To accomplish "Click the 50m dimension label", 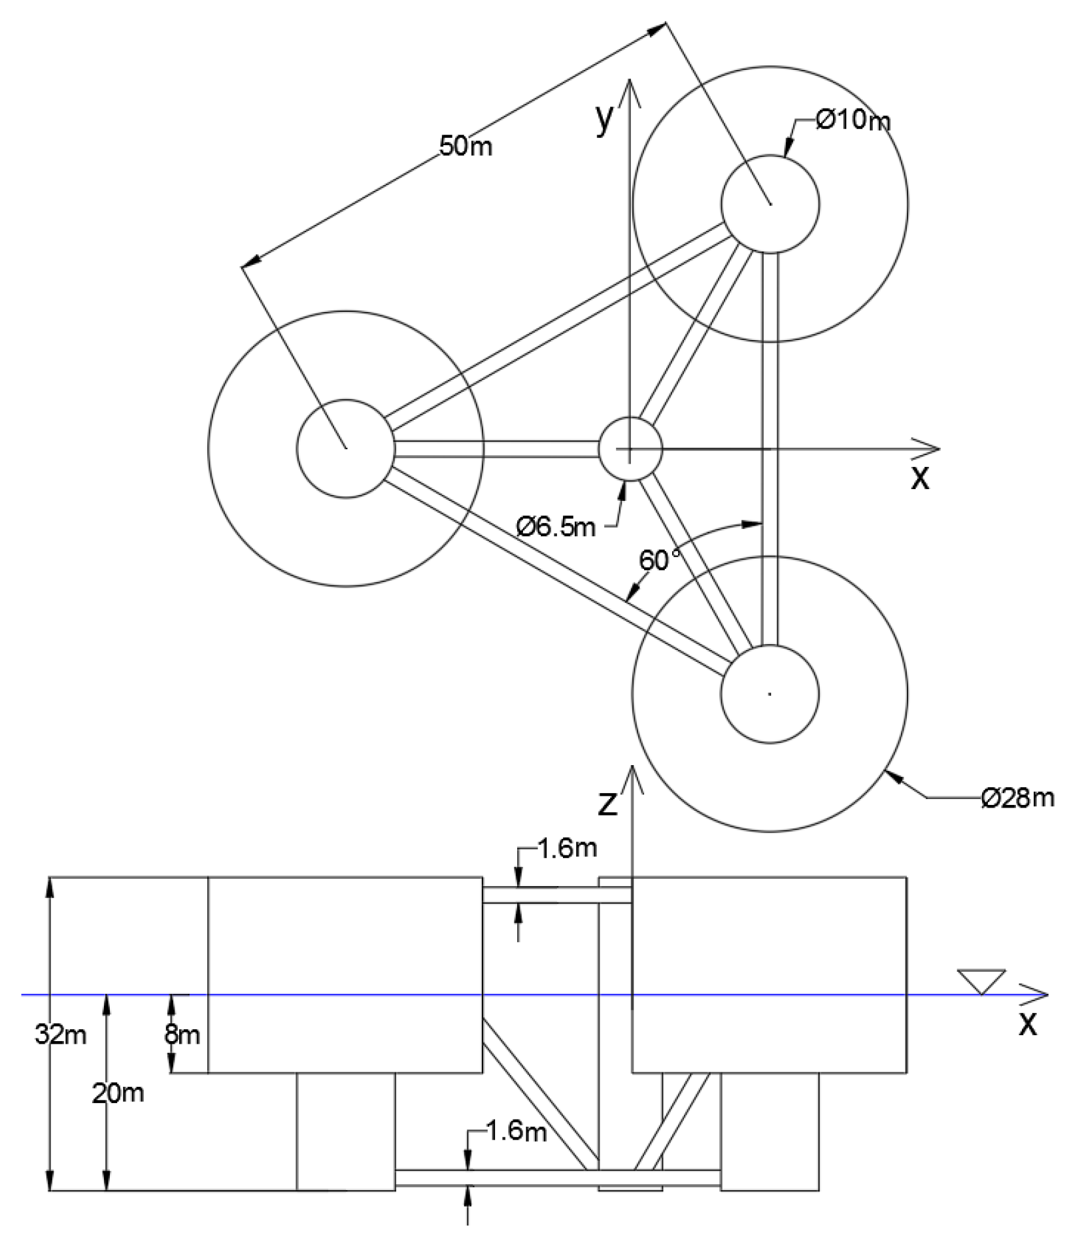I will (466, 146).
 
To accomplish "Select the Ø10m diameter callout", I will (854, 120).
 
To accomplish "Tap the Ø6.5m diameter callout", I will (556, 526).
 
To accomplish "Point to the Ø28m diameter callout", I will (1017, 798).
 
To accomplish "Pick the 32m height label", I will (60, 1035).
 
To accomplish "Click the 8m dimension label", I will (182, 1035).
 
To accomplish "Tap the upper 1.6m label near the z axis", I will (567, 848).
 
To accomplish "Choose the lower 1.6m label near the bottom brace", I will (517, 1131).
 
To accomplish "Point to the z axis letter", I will (608, 804).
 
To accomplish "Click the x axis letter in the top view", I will (920, 479).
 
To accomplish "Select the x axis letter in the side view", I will (1028, 1024).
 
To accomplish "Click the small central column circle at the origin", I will (631, 449).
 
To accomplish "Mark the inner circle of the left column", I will (346, 449).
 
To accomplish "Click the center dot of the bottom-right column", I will (770, 694).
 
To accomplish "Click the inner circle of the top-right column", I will (770, 203).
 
